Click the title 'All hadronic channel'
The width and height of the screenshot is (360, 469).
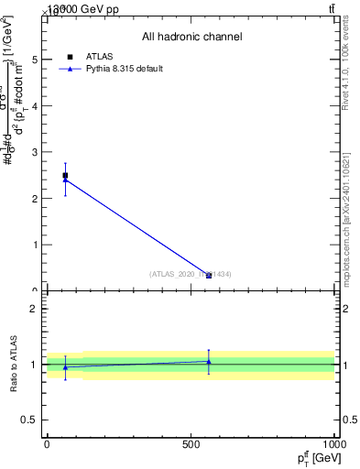tap(191, 37)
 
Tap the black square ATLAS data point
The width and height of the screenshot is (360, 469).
tap(65, 175)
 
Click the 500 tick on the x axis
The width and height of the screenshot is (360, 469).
tap(191, 444)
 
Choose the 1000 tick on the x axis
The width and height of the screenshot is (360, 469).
tap(334, 444)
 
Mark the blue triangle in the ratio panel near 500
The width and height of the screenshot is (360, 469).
tap(209, 362)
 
